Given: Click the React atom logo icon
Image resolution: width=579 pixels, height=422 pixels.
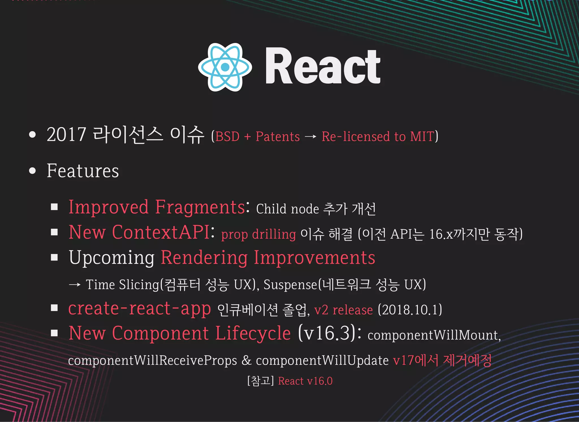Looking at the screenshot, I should (x=225, y=67).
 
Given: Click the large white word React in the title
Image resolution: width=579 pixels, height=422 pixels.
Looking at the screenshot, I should (x=323, y=67).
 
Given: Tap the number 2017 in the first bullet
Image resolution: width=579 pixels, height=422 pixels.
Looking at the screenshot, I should (x=66, y=135).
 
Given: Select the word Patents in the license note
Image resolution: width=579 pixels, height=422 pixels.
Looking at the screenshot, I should (x=278, y=137).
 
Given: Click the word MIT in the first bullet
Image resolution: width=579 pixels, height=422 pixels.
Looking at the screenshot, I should (x=422, y=137).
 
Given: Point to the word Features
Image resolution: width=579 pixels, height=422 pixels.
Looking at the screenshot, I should (x=83, y=171).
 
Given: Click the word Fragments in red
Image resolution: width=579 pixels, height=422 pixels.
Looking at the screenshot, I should (x=200, y=207).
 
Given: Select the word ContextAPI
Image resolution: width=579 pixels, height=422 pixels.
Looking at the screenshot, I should (x=161, y=232).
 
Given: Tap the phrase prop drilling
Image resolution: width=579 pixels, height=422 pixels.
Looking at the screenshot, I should (x=258, y=234).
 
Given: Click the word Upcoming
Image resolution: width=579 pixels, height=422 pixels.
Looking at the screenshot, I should (x=112, y=258).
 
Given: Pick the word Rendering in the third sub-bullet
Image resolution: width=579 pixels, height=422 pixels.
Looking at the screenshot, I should (x=204, y=258).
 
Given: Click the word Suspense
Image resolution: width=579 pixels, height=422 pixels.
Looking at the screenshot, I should (x=290, y=285).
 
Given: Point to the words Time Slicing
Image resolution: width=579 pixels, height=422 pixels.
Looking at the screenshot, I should (x=122, y=285).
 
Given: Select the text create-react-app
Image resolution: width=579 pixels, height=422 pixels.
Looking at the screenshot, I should (x=140, y=308).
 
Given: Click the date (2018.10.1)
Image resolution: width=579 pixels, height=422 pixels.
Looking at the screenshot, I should (x=410, y=310).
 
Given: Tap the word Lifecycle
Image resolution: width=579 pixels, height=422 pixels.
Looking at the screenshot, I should (x=253, y=333).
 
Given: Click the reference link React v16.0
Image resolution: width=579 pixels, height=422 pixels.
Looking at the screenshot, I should (x=305, y=381).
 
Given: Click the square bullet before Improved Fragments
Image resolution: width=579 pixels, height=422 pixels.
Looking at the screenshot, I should (x=54, y=207).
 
